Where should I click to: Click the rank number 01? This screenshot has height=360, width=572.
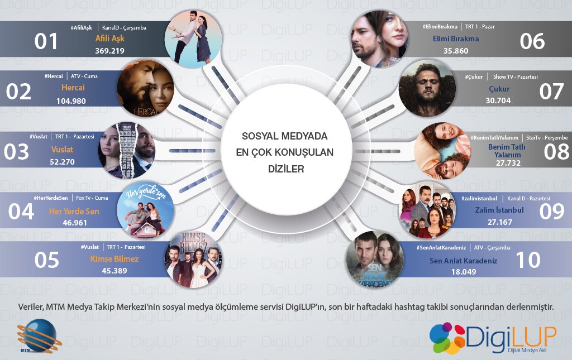(x=46, y=41)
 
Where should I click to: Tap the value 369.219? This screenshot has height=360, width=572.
(x=109, y=51)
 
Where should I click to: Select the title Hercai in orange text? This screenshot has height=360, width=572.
(x=73, y=88)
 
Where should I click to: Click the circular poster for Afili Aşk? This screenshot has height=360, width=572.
(x=193, y=39)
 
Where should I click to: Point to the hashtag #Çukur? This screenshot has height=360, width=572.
(x=474, y=77)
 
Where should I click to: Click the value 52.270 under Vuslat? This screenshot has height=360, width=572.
(x=62, y=162)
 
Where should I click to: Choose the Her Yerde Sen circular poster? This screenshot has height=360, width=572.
(x=145, y=210)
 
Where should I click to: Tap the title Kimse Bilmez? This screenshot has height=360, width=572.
(x=115, y=259)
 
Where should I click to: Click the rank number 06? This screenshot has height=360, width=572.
(x=532, y=41)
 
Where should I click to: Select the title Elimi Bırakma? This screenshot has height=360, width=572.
(x=456, y=39)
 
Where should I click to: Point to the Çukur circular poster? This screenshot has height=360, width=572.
(x=427, y=89)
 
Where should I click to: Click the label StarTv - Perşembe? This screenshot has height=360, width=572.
(x=547, y=138)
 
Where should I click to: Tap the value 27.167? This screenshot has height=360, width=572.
(x=500, y=222)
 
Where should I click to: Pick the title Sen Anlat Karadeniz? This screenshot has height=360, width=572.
(x=463, y=261)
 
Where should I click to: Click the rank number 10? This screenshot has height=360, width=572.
(x=528, y=260)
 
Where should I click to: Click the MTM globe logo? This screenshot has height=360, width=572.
(x=38, y=336)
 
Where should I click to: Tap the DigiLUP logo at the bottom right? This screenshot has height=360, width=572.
(x=493, y=338)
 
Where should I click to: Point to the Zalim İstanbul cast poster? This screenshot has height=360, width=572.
(x=427, y=210)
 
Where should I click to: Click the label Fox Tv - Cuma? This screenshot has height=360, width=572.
(x=92, y=198)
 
